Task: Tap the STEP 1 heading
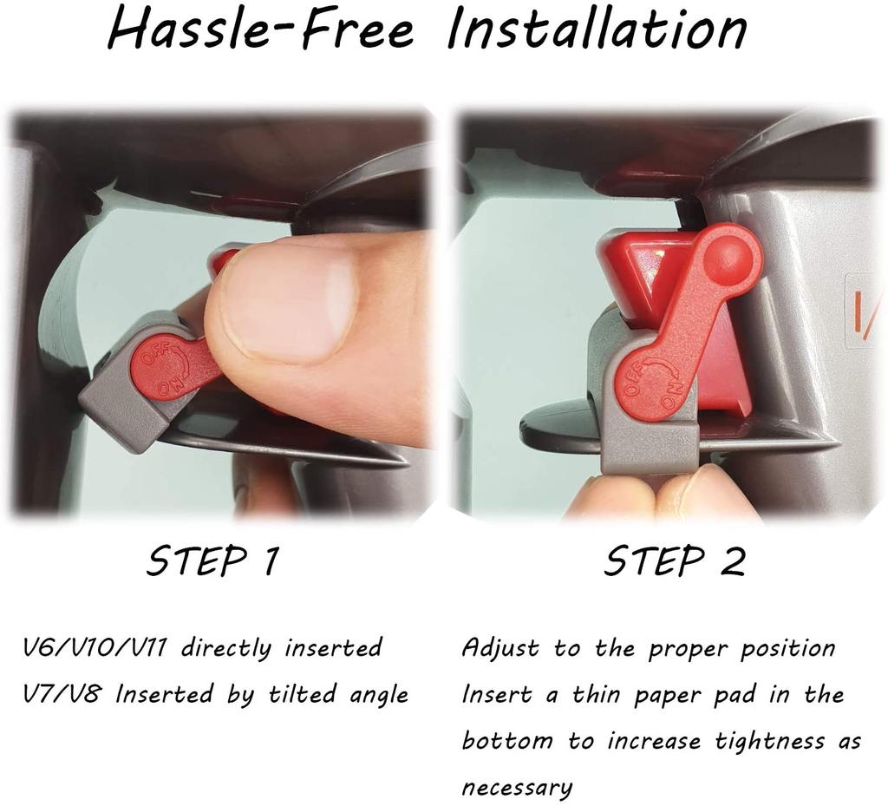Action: (x=213, y=561)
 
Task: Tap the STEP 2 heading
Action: (x=675, y=561)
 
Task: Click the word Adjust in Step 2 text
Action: (x=500, y=648)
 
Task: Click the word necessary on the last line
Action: (x=517, y=788)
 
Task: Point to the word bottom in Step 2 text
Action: (x=507, y=741)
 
